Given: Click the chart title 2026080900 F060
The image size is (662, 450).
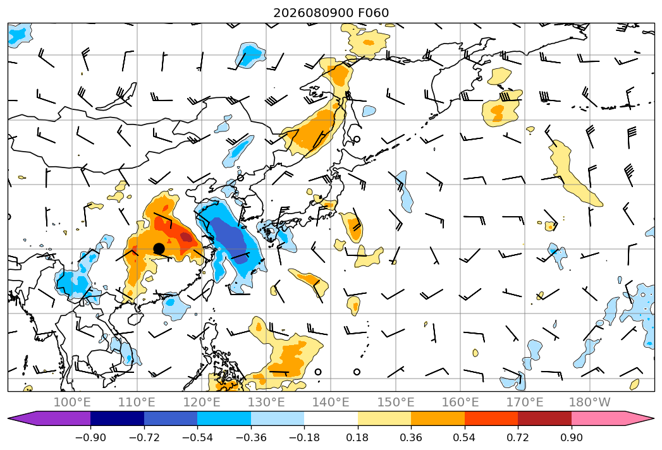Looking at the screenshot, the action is point(331,13).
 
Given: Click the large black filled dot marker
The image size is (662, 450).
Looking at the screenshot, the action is point(159,248).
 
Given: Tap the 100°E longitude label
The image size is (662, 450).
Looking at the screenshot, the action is point(72,402).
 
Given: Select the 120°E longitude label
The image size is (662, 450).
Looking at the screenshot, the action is point(202,402).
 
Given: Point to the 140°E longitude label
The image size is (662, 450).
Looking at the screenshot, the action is point(331,402).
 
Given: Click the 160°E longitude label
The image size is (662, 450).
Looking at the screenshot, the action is point(460,402).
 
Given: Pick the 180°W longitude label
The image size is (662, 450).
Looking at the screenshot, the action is point(590,402).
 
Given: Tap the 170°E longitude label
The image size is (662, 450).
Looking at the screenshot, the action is point(525,402).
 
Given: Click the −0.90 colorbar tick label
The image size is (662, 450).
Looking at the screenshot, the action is point(90,437).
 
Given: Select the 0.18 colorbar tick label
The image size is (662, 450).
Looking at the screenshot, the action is point(358,437).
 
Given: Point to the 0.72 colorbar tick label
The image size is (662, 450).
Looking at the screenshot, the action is point(518,437).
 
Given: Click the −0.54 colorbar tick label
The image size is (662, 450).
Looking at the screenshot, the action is point(197,437).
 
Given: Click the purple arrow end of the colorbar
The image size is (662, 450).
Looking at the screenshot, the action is point(49,418).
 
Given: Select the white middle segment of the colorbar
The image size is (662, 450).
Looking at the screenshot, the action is point(331,418).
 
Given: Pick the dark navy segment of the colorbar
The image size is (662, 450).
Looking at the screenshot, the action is point(117,418).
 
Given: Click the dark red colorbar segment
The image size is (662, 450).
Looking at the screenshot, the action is point(544,418).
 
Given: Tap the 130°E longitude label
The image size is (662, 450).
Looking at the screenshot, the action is point(266,402).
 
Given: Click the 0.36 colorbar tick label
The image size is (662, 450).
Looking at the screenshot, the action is point(411,437).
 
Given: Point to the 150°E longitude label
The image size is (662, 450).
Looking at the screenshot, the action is point(396,402).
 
